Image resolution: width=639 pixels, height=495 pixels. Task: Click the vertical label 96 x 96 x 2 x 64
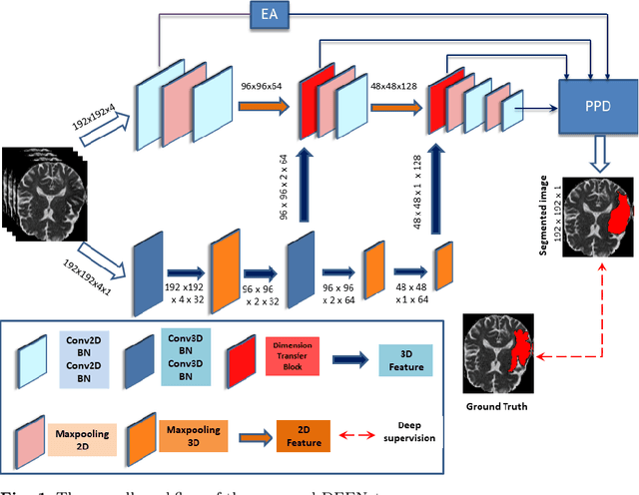(286, 188)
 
